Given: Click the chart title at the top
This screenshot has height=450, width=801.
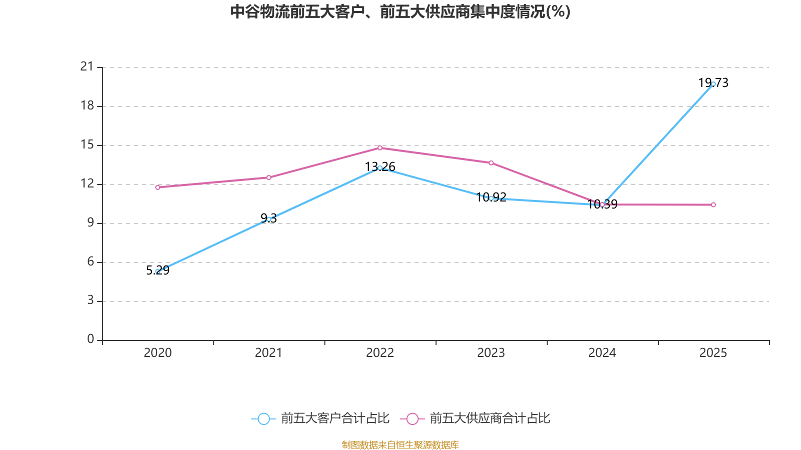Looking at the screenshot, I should coord(400,11).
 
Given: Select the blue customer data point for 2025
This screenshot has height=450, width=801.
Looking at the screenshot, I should coord(713,84).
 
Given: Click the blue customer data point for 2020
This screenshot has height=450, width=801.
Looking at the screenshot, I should coord(158,271).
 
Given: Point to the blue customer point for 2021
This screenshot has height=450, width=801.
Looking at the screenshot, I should coord(269,219).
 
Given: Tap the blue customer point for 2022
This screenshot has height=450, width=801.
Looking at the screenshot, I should coord(380,168).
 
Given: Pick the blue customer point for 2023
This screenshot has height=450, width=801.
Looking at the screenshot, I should coord(491,198).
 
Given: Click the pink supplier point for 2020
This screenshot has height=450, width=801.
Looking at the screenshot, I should coord(158,187).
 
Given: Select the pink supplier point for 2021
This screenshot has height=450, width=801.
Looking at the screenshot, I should coord(269,177).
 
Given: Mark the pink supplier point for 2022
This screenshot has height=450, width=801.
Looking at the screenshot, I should coord(380,148).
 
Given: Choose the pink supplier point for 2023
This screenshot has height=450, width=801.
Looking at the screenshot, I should coord(491,163).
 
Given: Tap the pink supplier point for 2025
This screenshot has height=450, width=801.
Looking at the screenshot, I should coord(713,205).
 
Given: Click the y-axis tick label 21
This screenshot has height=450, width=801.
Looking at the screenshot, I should coord(87,66).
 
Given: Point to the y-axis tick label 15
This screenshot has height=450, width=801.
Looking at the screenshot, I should coord(87,144).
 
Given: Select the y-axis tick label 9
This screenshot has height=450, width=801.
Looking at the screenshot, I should coord(91,222).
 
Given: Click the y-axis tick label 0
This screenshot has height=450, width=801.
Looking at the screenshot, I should coord(91,339).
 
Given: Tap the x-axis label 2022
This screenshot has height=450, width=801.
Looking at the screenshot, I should coord(380,353).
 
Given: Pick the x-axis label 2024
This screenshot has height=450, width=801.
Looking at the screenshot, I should coord(602,353).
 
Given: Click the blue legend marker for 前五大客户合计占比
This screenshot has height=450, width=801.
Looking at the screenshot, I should coord(263,418).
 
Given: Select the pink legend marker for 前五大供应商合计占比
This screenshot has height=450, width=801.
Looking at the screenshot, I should coord(412,418).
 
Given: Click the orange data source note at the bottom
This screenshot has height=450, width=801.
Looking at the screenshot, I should coord(400,445).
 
